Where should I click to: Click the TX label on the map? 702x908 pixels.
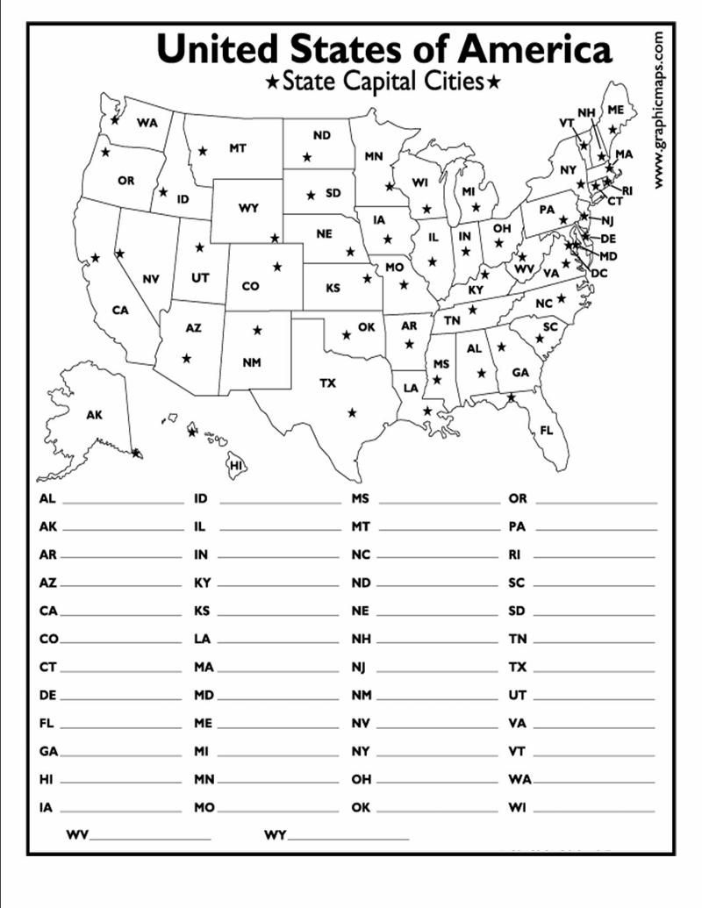[327, 383]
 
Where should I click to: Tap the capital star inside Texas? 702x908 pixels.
[352, 412]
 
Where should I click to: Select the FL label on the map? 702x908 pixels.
[547, 431]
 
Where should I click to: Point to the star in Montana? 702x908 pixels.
[203, 151]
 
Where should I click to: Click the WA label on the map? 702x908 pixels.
[147, 123]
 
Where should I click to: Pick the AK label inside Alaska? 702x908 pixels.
[94, 415]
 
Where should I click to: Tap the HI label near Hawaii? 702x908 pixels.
[236, 466]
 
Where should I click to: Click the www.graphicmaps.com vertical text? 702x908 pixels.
[659, 110]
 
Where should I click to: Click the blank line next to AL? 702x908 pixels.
[123, 504]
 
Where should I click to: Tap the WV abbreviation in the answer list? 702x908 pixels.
[77, 835]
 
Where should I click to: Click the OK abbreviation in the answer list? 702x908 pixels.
[361, 807]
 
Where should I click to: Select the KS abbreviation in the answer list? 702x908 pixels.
[202, 611]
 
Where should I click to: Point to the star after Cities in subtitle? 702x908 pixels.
[495, 83]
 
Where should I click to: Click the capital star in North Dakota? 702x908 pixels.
[306, 157]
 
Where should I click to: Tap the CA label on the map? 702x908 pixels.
[120, 310]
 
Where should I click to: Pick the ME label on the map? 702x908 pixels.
[616, 110]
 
